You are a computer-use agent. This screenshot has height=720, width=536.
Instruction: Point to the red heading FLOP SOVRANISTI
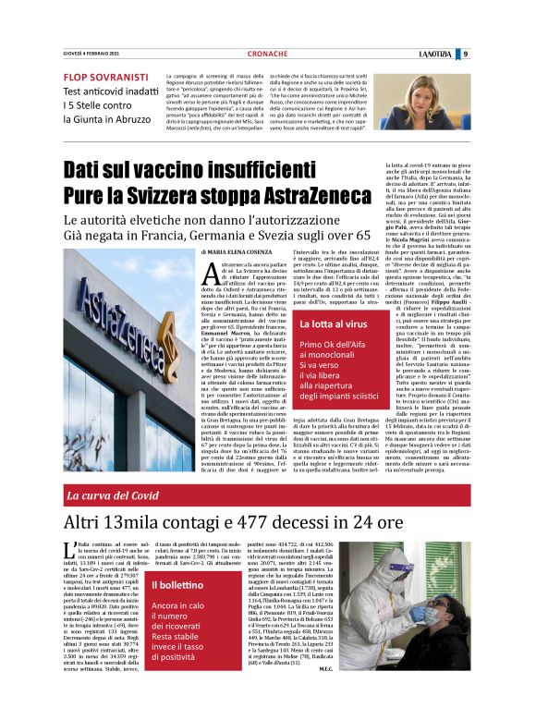106,77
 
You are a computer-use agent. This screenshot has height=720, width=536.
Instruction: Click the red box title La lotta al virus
332,325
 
